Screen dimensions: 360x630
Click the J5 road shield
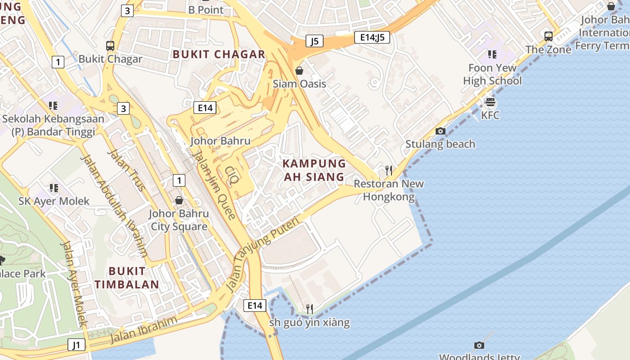(x=315, y=41)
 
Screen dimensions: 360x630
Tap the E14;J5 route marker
(x=372, y=37)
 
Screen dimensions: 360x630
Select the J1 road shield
(x=76, y=345)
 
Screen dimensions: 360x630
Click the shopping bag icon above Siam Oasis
(x=299, y=71)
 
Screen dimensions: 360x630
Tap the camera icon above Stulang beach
(x=441, y=131)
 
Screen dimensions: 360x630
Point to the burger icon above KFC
(x=490, y=102)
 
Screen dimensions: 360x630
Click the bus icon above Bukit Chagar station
(x=110, y=45)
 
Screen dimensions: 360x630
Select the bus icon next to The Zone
(x=548, y=36)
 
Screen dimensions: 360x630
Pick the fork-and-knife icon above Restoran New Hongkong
(x=389, y=170)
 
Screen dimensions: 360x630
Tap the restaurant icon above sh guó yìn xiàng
(x=310, y=309)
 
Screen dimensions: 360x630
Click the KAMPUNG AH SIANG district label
(x=314, y=170)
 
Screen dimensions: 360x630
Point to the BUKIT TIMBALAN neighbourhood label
(x=126, y=278)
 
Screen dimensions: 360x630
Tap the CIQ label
(x=232, y=175)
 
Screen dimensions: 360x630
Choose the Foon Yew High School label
(x=492, y=74)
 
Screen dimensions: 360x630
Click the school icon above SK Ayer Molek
(x=54, y=188)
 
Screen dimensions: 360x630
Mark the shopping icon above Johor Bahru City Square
(x=179, y=200)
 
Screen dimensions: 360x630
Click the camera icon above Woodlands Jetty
(x=479, y=345)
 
